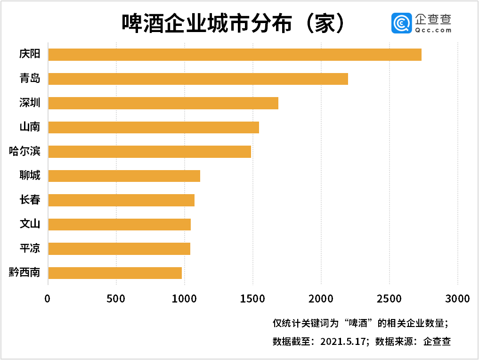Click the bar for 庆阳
click(235, 54)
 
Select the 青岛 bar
click(198, 79)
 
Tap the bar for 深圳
click(163, 103)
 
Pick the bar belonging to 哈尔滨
click(149, 151)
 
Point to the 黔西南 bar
click(115, 273)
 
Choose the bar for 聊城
click(124, 176)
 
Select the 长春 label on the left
click(30, 200)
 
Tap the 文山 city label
click(30, 224)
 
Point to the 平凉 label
click(30, 248)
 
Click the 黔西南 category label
click(24, 273)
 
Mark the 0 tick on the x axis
click(48, 299)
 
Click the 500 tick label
click(116, 299)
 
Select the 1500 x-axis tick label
click(252, 299)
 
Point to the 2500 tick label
click(389, 299)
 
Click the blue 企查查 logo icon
click(401, 23)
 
